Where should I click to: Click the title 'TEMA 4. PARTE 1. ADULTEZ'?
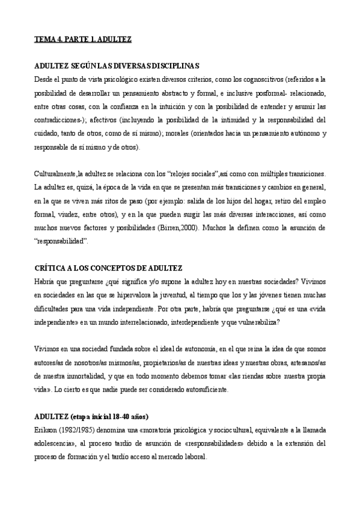coord(83,39)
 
